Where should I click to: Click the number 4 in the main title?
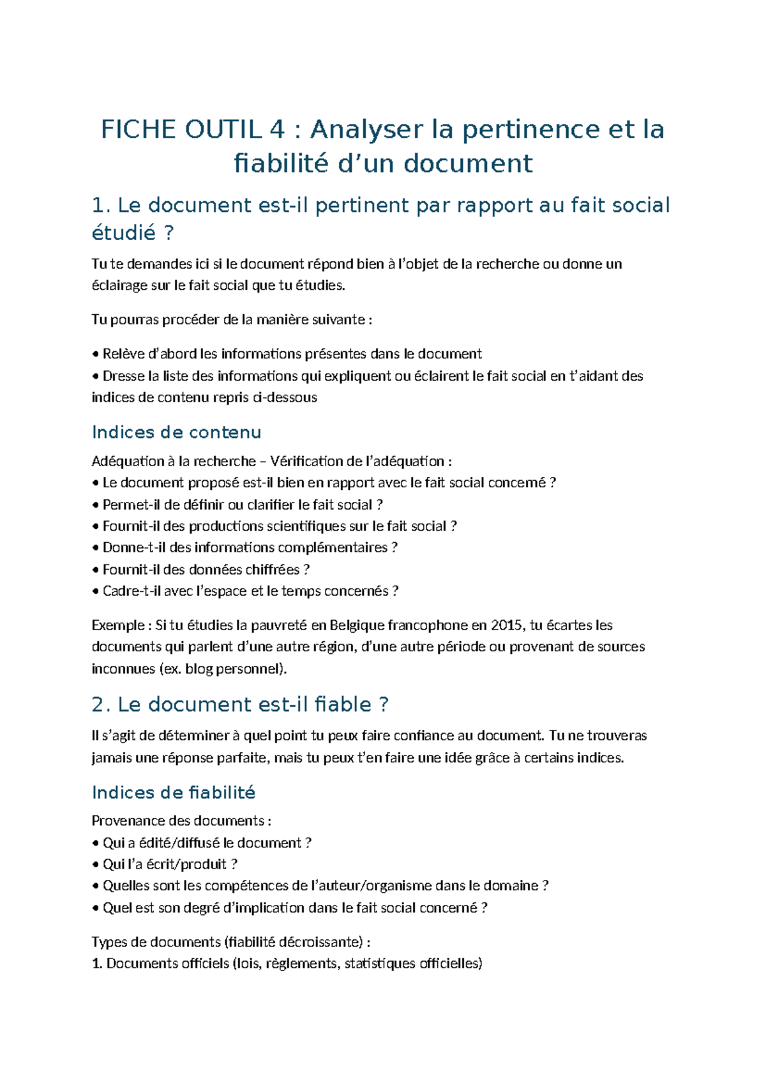276,130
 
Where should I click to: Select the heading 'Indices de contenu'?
176,432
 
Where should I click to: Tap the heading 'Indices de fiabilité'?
174,792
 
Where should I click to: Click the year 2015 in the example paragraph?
506,625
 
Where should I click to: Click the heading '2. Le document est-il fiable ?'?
240,704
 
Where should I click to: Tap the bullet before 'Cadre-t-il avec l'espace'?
96,592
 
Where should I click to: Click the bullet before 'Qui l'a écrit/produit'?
96,865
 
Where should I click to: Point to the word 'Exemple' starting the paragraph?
118,625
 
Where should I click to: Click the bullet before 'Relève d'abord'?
96,355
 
